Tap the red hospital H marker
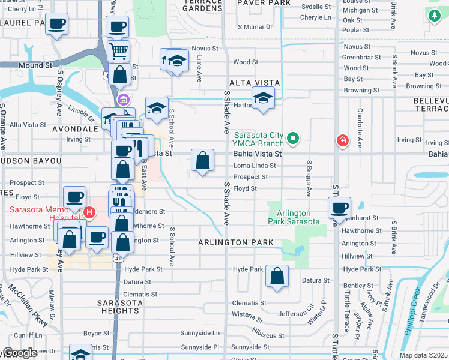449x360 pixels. (89, 212)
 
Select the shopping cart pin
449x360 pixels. (118, 52)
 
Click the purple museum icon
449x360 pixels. (124, 100)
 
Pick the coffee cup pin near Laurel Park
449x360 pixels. (56, 25)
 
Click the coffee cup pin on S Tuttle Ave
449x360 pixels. (340, 208)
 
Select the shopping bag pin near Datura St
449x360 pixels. (277, 277)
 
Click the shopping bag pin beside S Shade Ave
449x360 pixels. (203, 160)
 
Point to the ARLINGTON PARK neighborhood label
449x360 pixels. (236, 242)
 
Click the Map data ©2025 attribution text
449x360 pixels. (423, 355)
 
